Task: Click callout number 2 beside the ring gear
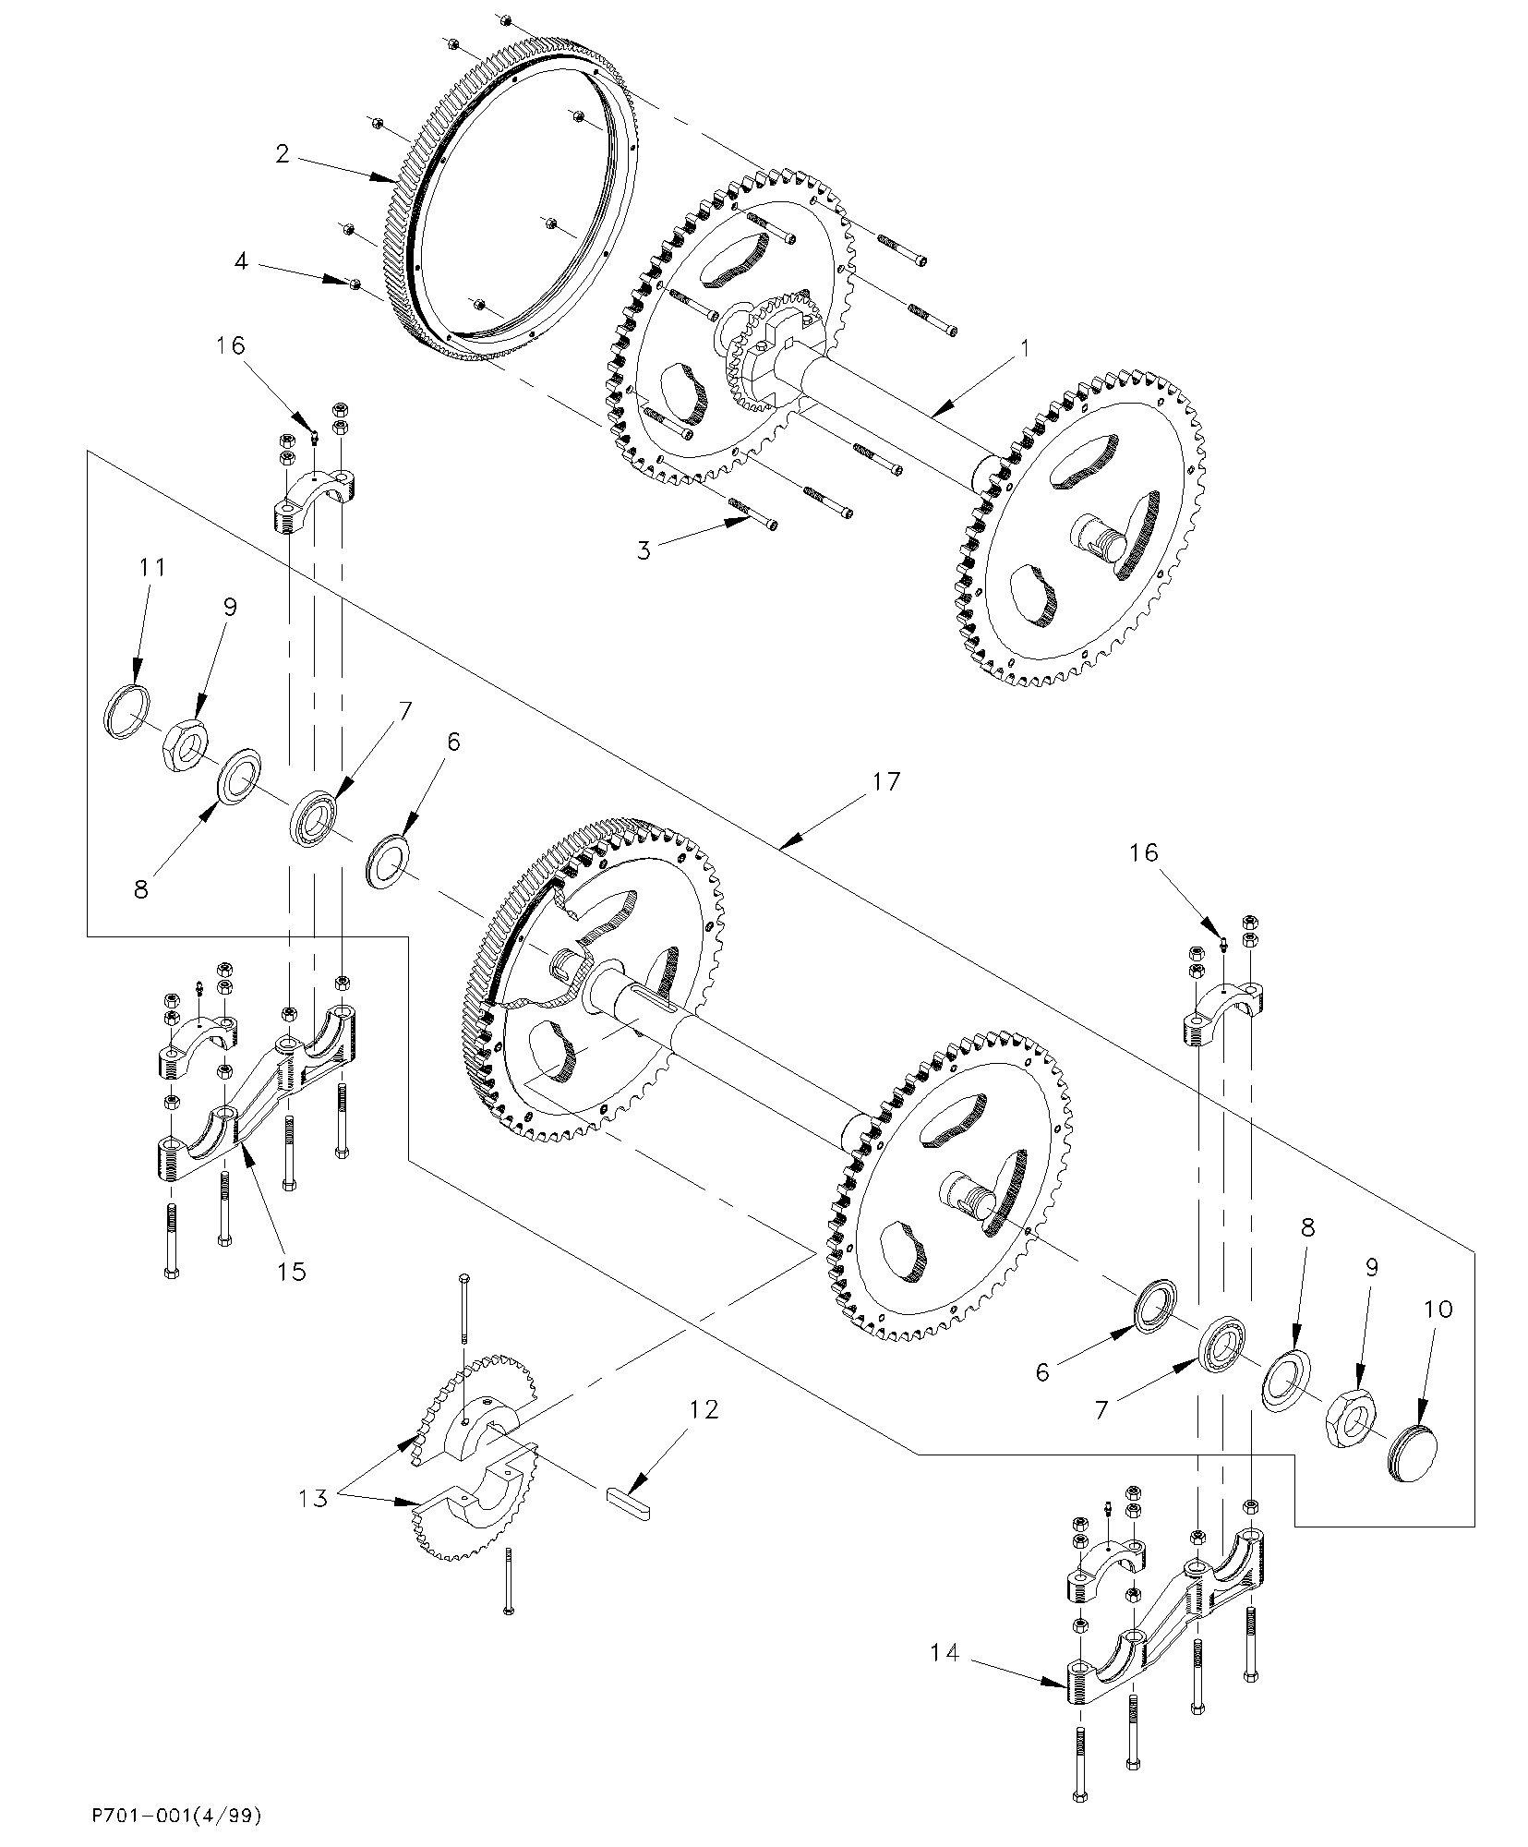point(283,153)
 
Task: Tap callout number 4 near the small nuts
point(241,261)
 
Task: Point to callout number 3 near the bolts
point(644,549)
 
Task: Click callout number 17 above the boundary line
point(884,781)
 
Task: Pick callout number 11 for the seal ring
point(152,566)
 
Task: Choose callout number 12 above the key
point(703,1409)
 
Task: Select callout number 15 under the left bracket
point(292,1271)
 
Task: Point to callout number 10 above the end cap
point(1438,1309)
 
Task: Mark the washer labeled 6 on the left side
point(390,860)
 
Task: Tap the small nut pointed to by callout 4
point(355,283)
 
